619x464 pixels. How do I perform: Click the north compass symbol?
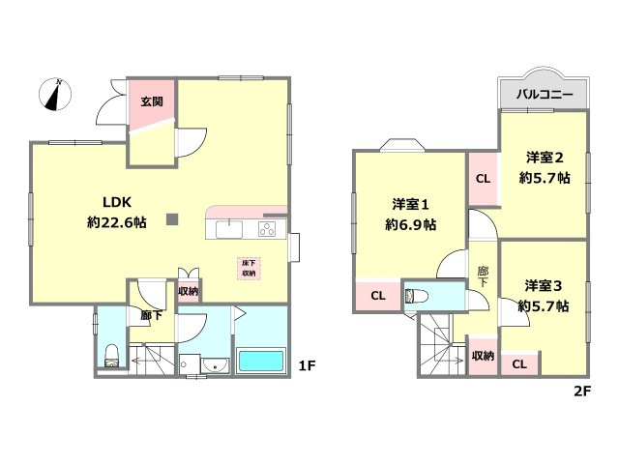(55, 95)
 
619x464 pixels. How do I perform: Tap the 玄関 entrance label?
(152, 101)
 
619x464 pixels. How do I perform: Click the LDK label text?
(117, 202)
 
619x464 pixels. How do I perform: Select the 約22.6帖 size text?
(117, 223)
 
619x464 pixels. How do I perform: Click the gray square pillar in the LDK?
(172, 219)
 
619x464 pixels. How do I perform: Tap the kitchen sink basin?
(229, 230)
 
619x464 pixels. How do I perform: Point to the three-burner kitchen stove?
(267, 229)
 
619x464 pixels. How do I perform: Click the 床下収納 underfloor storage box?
(249, 269)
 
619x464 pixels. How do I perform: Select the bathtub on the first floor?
(261, 360)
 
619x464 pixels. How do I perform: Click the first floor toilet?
(112, 357)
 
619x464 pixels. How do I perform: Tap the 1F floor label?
(307, 366)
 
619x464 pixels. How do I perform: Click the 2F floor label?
(582, 391)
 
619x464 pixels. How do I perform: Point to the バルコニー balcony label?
(545, 95)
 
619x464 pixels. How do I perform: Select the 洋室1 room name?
(410, 204)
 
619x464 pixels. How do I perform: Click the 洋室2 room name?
(545, 158)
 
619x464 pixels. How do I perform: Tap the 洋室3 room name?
(544, 286)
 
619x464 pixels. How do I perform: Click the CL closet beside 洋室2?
(484, 179)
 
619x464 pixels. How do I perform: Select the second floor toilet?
(417, 296)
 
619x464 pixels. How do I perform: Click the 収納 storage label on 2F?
(483, 356)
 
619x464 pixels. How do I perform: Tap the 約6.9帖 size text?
(410, 225)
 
